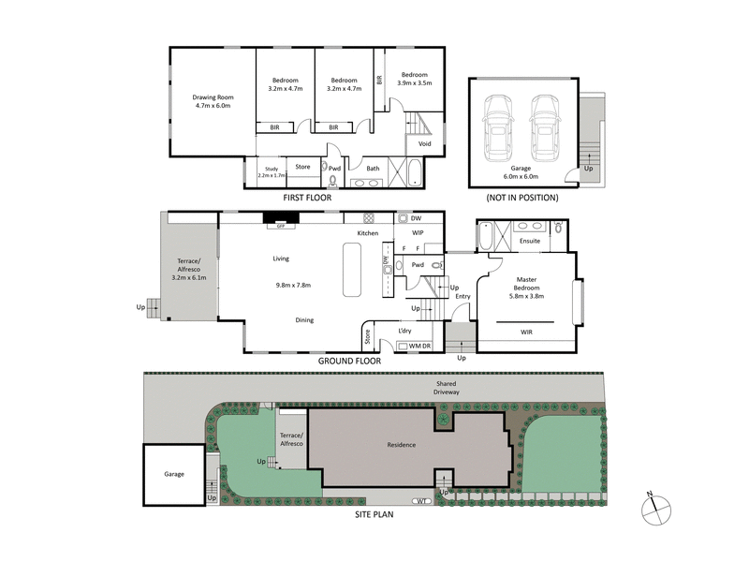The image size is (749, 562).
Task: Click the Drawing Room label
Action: point(213,101)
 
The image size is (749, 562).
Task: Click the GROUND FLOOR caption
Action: point(349,360)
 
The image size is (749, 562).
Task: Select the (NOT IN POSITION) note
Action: point(521,198)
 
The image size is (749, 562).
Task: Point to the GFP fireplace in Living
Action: point(279,225)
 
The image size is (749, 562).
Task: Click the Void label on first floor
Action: point(424,143)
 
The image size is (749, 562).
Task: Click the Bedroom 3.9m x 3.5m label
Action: point(413,79)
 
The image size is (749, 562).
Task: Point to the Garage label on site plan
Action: point(175,474)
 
